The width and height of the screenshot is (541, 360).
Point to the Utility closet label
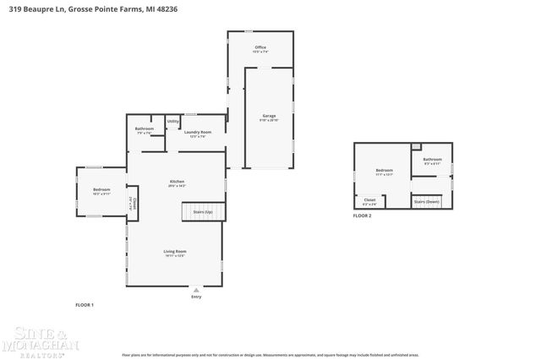point(173,122)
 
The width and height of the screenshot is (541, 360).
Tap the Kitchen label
point(177,183)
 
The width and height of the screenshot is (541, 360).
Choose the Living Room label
point(175,252)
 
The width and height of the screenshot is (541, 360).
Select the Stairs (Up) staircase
point(204,211)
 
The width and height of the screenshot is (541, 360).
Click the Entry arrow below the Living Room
point(196,290)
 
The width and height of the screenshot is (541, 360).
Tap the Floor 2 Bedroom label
point(384,172)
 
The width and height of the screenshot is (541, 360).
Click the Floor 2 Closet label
point(370,201)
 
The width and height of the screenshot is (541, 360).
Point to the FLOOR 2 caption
point(362,215)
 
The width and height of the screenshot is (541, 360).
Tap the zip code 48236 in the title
point(167,8)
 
